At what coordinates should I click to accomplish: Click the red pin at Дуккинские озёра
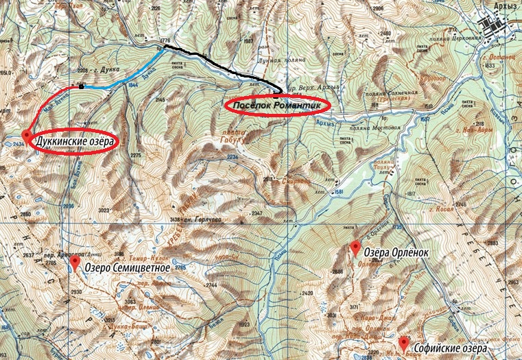pos(27,134)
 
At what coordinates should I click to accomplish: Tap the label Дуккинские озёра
pos(75,139)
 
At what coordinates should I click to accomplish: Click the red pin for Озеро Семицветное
pos(74,262)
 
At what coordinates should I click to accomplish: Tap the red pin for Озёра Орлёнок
pos(355,246)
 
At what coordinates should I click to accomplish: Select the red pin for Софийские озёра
pos(403,341)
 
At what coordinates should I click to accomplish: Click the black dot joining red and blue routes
pos(82,86)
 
